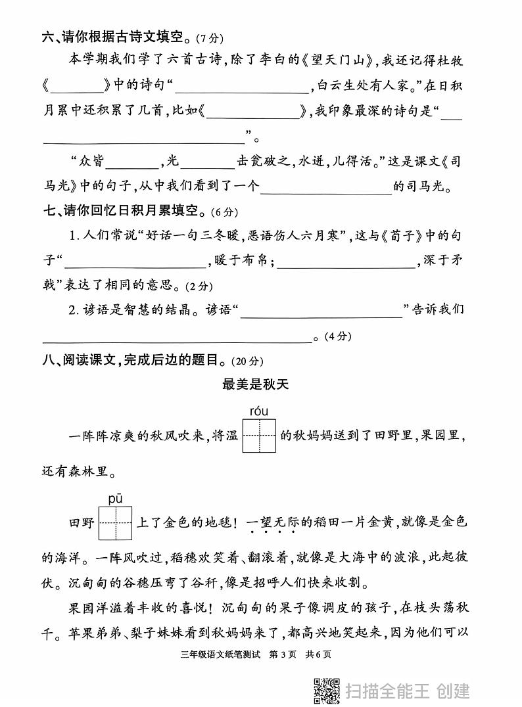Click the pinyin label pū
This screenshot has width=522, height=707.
pyautogui.click(x=116, y=499)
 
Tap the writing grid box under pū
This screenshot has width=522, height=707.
pyautogui.click(x=116, y=524)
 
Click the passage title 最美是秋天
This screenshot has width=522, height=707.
pyautogui.click(x=256, y=384)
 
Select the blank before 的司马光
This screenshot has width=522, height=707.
pyautogui.click(x=326, y=189)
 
